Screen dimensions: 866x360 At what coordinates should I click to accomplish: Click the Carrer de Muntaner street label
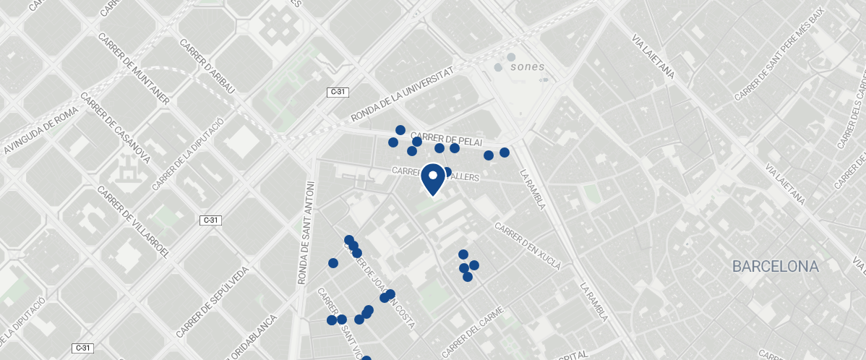click(x=134, y=69)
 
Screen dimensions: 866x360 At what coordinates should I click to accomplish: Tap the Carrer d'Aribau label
click(x=206, y=65)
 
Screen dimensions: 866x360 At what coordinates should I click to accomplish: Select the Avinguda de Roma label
click(x=40, y=131)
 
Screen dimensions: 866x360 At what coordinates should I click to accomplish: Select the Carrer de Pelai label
click(x=446, y=139)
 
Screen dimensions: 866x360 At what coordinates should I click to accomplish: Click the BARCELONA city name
click(x=775, y=266)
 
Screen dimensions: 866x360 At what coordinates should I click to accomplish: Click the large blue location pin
click(x=433, y=179)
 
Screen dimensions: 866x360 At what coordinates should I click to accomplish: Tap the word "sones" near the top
click(x=527, y=67)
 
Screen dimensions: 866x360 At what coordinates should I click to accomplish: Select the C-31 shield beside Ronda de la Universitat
click(x=338, y=92)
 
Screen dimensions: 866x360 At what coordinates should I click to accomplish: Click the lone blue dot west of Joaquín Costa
click(x=333, y=263)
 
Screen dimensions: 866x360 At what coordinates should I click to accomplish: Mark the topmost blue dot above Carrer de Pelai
click(x=400, y=130)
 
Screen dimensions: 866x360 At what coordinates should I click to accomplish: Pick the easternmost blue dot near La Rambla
click(x=505, y=153)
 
